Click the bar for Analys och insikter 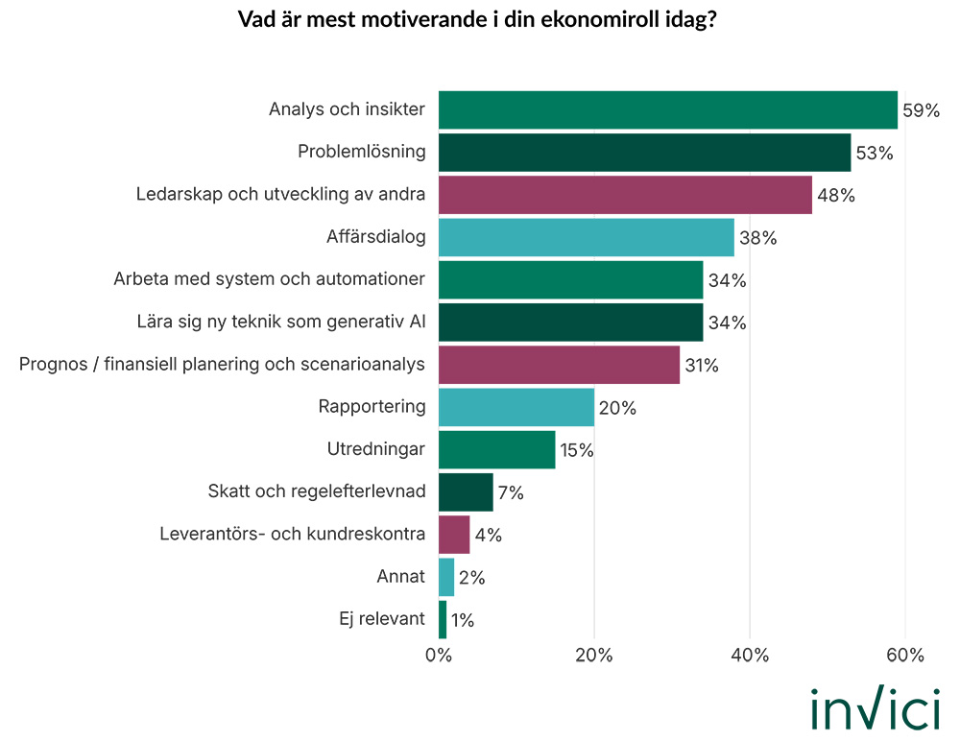click(667, 109)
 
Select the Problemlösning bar click(644, 153)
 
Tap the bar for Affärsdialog click(586, 237)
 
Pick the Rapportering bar click(516, 407)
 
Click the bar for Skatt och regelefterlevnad click(466, 491)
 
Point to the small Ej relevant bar click(443, 619)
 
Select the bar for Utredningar click(496, 449)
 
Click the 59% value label click(921, 110)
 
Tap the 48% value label click(835, 196)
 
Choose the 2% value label click(471, 578)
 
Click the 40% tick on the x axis click(750, 657)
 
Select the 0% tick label click(439, 657)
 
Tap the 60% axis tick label click(904, 657)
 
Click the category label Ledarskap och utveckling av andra click(280, 195)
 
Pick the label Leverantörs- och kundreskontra click(292, 534)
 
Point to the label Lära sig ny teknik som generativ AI click(280, 323)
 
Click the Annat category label click(401, 577)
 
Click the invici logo click(875, 710)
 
